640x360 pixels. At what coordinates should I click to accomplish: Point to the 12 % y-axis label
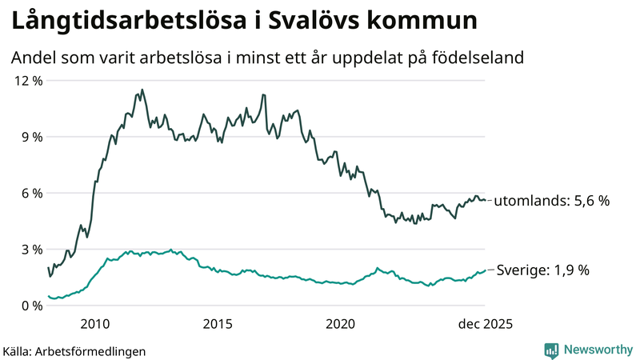[26, 81]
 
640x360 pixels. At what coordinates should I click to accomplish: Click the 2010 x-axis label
[95, 324]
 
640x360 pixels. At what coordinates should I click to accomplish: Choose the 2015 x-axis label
[218, 324]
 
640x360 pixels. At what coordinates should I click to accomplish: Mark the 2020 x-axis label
[340, 324]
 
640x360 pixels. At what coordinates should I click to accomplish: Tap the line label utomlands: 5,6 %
[551, 201]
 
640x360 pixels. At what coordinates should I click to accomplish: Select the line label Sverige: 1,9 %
[543, 270]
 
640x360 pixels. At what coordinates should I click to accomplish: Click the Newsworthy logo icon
[551, 350]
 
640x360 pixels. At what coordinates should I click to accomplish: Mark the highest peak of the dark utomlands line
[142, 90]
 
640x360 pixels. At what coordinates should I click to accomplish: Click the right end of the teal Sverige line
[485, 270]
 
